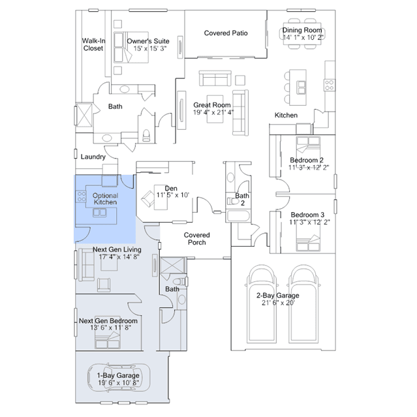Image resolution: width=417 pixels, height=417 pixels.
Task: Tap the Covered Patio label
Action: [226, 33]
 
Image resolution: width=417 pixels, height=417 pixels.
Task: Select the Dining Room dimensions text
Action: [303, 38]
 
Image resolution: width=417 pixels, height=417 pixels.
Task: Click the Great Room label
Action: [212, 104]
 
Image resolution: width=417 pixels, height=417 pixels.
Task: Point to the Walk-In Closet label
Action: [93, 44]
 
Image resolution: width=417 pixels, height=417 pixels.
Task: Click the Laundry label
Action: [93, 157]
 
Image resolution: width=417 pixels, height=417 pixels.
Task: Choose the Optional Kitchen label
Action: [105, 198]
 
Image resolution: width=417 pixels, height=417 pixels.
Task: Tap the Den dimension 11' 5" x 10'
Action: [172, 195]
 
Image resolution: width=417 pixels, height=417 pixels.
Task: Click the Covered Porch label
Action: [196, 238]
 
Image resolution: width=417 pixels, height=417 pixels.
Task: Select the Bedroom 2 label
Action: [307, 160]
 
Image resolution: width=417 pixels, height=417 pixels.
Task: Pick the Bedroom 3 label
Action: [307, 215]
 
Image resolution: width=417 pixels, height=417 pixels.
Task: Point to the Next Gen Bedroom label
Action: [108, 321]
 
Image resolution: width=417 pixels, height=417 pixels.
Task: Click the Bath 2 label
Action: [242, 199]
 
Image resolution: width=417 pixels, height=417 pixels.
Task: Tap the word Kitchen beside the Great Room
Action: [286, 115]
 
